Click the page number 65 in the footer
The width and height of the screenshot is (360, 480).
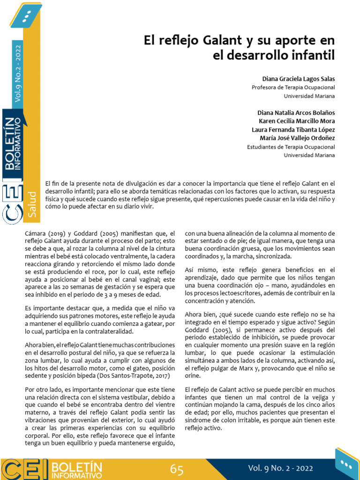point(177,469)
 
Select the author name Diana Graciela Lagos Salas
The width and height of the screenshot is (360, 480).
point(299,79)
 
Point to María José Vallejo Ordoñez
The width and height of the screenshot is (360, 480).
point(297,138)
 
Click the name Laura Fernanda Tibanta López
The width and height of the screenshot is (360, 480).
point(293,129)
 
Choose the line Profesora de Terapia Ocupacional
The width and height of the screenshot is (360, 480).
point(293,87)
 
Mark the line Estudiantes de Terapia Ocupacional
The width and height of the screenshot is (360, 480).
point(291,147)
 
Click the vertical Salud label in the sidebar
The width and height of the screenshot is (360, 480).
point(32,203)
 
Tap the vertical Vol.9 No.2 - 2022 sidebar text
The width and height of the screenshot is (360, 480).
point(18,73)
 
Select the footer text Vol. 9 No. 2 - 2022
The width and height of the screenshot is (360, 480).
point(280,468)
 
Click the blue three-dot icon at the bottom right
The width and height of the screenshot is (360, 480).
point(346,464)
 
